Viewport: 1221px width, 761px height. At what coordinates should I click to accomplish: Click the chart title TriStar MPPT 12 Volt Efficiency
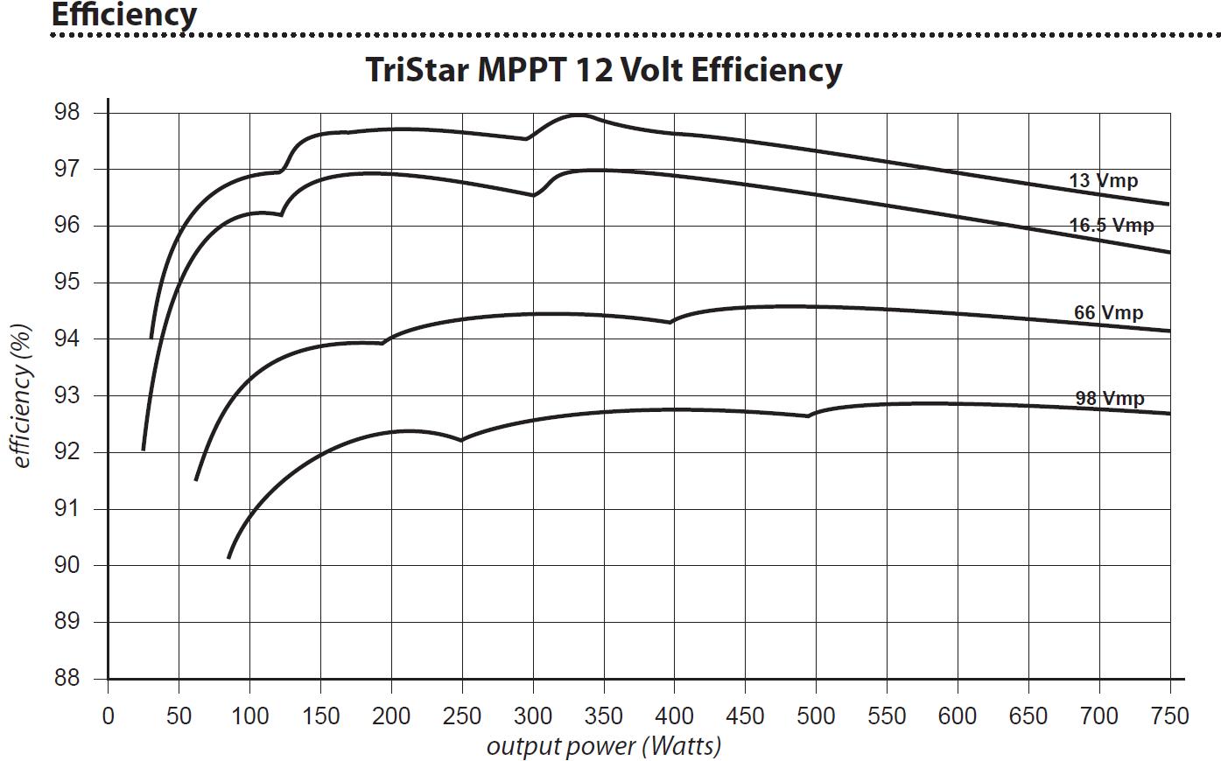click(x=603, y=70)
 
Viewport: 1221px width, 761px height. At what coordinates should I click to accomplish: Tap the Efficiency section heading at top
click(x=123, y=14)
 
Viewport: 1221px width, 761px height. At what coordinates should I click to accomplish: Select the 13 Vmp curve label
click(x=1103, y=181)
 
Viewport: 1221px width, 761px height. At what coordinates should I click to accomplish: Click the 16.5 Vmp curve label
click(x=1111, y=226)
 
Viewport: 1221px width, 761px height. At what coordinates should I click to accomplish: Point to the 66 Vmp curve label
click(x=1108, y=312)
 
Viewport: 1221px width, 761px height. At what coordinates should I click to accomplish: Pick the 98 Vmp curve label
click(x=1109, y=398)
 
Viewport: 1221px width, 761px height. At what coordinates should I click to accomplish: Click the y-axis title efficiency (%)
click(x=23, y=395)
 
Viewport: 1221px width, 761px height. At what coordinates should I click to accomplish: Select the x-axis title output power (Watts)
click(x=603, y=746)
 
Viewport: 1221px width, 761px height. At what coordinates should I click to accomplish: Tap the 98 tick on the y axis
click(x=67, y=113)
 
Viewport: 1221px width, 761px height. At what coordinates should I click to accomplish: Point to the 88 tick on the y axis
click(x=67, y=679)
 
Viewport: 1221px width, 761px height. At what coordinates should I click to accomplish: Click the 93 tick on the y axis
click(x=67, y=396)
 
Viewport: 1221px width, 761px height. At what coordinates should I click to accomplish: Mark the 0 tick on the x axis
click(x=108, y=716)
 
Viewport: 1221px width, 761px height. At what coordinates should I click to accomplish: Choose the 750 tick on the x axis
click(x=1169, y=716)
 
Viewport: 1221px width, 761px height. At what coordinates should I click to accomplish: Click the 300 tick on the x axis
click(x=532, y=716)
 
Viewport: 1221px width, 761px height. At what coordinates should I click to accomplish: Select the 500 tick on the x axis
click(x=816, y=716)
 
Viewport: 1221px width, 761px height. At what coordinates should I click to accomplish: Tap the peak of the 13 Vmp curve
click(x=578, y=115)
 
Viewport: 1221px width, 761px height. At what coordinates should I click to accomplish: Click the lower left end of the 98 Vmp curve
click(x=228, y=557)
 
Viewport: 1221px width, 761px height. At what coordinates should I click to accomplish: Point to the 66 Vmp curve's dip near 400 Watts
click(x=670, y=323)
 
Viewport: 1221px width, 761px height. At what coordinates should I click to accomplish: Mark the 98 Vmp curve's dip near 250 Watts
click(x=461, y=440)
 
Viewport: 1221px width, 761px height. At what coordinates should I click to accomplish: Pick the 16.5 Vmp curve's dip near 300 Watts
click(x=534, y=195)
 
